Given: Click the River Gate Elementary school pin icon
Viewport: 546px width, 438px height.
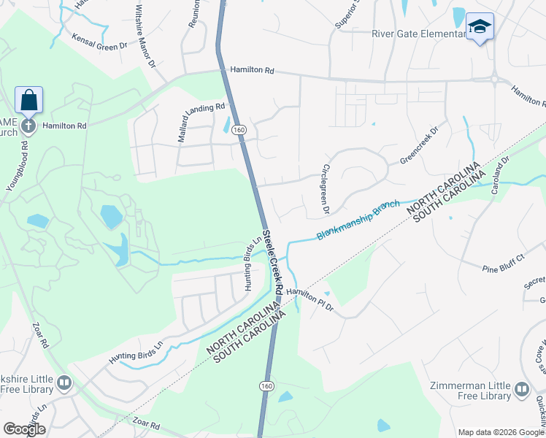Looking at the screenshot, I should (x=480, y=27).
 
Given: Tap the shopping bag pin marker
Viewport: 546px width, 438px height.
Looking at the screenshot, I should (x=28, y=100).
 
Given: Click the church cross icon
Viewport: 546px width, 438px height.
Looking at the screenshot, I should (x=28, y=126).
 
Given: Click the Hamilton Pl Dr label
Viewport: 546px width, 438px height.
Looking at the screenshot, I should (x=309, y=298).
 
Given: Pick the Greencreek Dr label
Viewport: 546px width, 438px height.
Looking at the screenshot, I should (x=418, y=147).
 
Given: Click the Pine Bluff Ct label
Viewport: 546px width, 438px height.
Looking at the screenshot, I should (x=504, y=264).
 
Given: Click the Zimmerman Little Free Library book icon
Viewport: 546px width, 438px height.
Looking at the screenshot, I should (x=522, y=389).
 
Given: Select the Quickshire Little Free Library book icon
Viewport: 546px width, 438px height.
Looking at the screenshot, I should (x=64, y=383).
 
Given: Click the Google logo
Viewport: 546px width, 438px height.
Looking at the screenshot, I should (x=24, y=429).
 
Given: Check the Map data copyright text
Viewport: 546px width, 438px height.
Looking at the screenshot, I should (x=500, y=432).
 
